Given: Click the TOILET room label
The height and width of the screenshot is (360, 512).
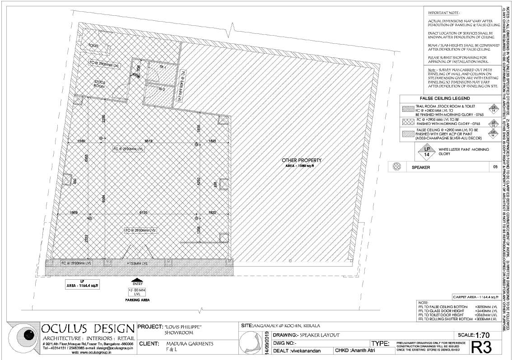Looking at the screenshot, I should [93, 46].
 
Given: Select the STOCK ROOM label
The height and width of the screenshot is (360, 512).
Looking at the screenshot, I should [100, 83].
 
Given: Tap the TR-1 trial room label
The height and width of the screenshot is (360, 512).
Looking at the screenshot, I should [163, 67].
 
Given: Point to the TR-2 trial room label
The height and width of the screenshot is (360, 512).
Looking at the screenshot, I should [161, 89].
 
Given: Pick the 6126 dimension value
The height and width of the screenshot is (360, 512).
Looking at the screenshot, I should [143, 212].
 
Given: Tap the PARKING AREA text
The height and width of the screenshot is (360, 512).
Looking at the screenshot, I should [137, 300].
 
